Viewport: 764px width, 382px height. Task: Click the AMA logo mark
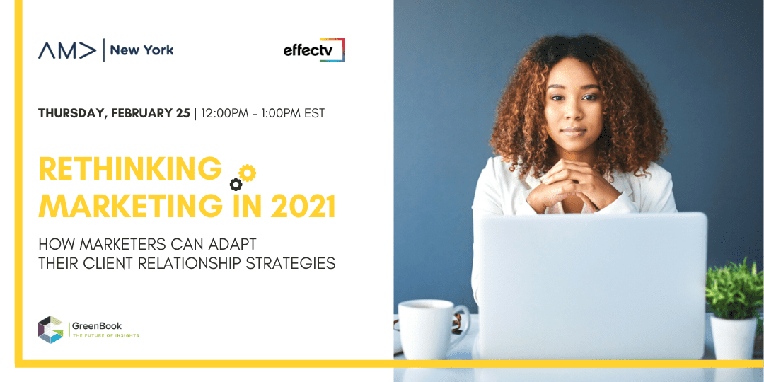[x=67, y=50]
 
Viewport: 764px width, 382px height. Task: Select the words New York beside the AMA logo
[x=141, y=50]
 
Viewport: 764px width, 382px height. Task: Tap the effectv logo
[x=314, y=50]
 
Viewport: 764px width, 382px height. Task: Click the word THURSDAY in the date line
[x=73, y=113]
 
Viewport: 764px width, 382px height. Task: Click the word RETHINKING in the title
[x=130, y=169]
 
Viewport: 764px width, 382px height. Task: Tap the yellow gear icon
[x=248, y=173]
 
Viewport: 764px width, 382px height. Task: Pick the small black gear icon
[x=236, y=184]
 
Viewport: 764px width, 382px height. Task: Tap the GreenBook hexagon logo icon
[x=51, y=330]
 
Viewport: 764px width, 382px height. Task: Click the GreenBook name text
[x=96, y=326]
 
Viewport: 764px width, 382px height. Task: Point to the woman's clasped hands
[x=573, y=186]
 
